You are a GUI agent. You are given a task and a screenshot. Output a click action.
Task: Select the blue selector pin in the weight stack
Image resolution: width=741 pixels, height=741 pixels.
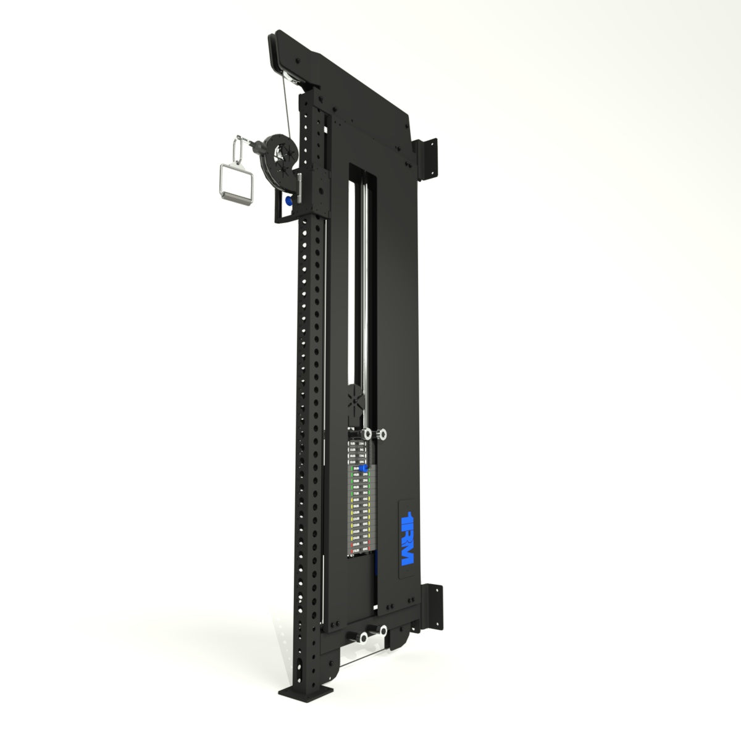[364, 470]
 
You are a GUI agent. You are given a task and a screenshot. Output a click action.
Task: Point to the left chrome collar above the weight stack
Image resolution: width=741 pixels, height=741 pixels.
[369, 434]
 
